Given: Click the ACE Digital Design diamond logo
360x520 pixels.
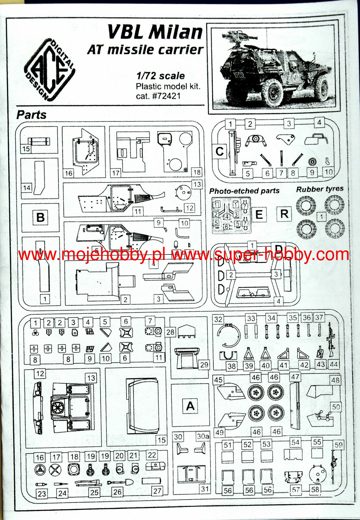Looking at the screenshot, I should point(50,69).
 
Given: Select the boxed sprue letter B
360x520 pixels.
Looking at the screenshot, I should point(40,218).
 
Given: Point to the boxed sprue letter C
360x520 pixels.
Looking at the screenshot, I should point(220,152).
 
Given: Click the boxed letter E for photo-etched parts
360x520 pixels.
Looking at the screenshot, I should point(259,215).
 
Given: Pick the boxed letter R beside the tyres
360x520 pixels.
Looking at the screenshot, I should point(284,214).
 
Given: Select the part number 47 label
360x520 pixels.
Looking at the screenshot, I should point(295,377).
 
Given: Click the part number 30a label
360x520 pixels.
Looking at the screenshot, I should point(203,436).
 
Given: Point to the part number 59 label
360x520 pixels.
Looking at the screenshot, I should point(338,445).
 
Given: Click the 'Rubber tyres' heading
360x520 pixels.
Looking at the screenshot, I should point(320,189).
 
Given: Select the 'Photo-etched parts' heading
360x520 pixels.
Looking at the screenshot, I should point(244,191).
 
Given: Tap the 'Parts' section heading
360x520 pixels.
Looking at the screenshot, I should point(31,115).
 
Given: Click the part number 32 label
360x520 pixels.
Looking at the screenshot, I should point(218,319).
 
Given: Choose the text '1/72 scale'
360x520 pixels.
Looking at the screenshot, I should point(161,76).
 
